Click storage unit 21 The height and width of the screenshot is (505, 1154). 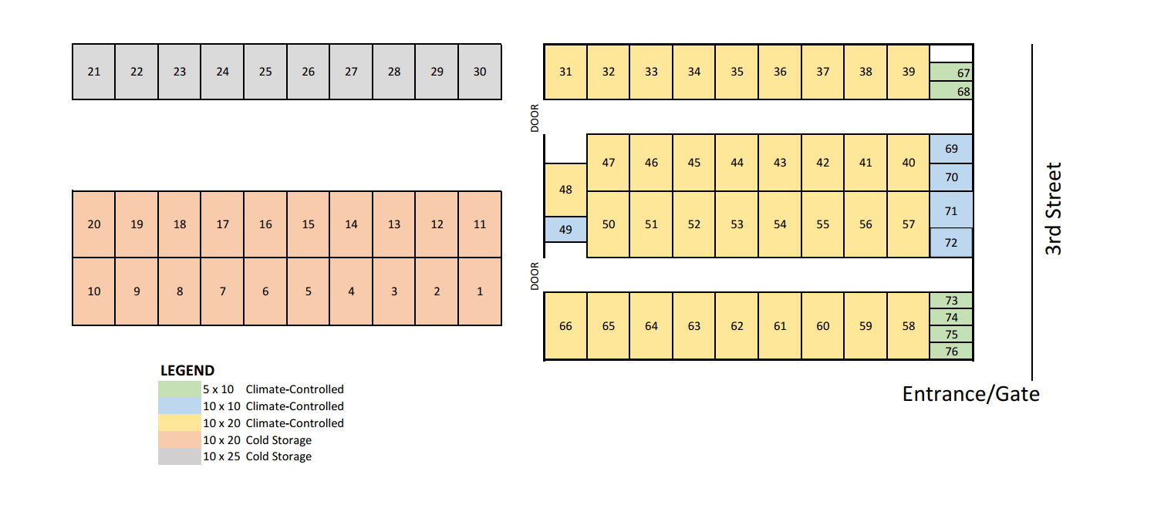93,72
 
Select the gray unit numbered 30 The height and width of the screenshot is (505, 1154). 480,72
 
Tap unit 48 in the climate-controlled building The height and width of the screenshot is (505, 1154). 565,190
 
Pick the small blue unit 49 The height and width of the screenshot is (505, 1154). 565,229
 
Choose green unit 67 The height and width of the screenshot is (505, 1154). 951,73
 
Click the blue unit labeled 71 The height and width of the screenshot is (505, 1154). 950,210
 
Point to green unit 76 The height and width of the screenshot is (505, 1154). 951,352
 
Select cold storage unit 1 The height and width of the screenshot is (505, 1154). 480,291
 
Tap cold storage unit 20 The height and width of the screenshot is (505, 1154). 93,224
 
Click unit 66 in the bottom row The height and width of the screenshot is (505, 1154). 565,326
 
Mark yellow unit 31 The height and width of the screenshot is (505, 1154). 565,72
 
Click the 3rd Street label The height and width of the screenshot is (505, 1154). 1053,208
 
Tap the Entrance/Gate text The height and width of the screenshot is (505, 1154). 970,394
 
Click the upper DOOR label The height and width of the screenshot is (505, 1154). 535,119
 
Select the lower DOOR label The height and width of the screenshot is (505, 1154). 535,276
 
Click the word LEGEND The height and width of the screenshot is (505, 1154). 187,371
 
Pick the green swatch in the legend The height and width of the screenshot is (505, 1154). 179,389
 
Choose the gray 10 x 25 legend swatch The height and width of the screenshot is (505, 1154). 179,456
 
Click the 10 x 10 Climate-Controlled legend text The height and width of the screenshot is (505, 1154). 273,406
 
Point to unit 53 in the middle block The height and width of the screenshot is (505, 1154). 737,224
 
